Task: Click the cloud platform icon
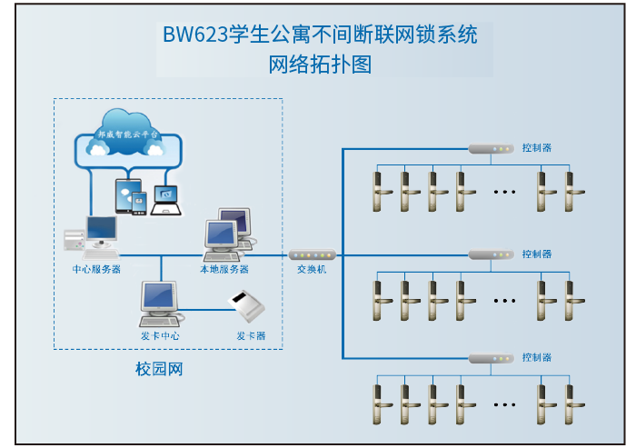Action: pyautogui.click(x=128, y=136)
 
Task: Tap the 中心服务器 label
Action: pyautogui.click(x=97, y=269)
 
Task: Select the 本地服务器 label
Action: pyautogui.click(x=224, y=269)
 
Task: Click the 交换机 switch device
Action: pyautogui.click(x=312, y=255)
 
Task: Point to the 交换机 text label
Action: pyautogui.click(x=312, y=270)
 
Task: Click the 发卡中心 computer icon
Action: pyautogui.click(x=157, y=304)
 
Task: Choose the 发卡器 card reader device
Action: pyautogui.click(x=246, y=306)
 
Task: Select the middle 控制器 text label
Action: pyautogui.click(x=537, y=254)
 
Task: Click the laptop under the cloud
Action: pyautogui.click(x=166, y=200)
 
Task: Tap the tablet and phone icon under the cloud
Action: pyautogui.click(x=131, y=197)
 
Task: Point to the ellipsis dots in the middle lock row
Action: pyautogui.click(x=503, y=299)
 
